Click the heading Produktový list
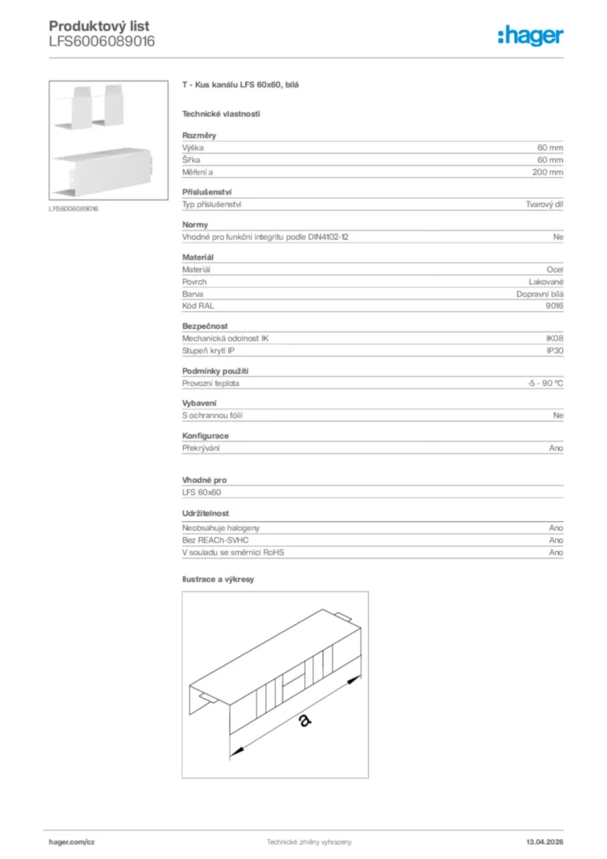99,27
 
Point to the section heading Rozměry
200,135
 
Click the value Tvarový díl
544,205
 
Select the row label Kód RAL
198,305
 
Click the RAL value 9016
554,305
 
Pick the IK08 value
554,338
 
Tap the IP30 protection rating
554,351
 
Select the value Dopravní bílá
540,294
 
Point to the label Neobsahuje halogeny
220,528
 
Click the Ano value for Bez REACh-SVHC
556,540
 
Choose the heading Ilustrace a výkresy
218,579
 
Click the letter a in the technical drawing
303,720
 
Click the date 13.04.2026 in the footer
544,841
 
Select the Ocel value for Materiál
555,269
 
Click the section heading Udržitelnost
205,513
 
